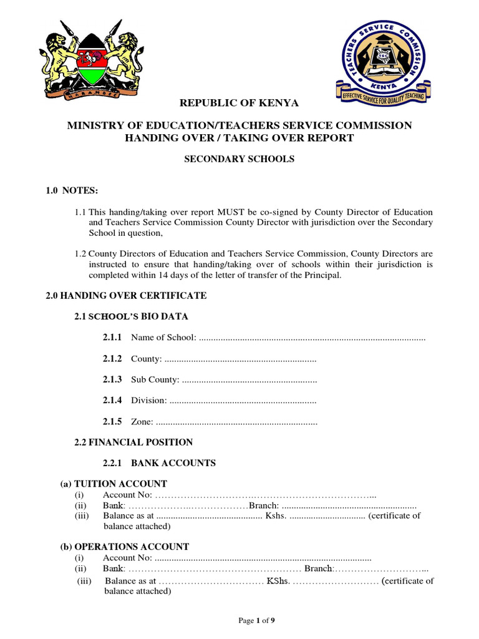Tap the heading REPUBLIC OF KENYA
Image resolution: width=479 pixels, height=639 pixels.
point(239,103)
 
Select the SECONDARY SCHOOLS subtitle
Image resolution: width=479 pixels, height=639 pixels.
point(239,159)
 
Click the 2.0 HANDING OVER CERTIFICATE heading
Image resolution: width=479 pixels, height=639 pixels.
point(126,295)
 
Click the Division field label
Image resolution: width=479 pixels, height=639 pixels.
point(148,401)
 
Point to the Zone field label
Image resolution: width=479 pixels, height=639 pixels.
point(142,422)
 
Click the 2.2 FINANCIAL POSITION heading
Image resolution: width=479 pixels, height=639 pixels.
point(133,442)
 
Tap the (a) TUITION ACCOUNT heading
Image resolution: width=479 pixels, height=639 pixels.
point(114,484)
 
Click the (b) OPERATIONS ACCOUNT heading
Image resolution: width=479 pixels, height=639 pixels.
point(124,547)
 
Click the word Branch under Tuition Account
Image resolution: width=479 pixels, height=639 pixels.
point(260,505)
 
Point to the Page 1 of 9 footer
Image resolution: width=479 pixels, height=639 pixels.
point(257,620)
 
